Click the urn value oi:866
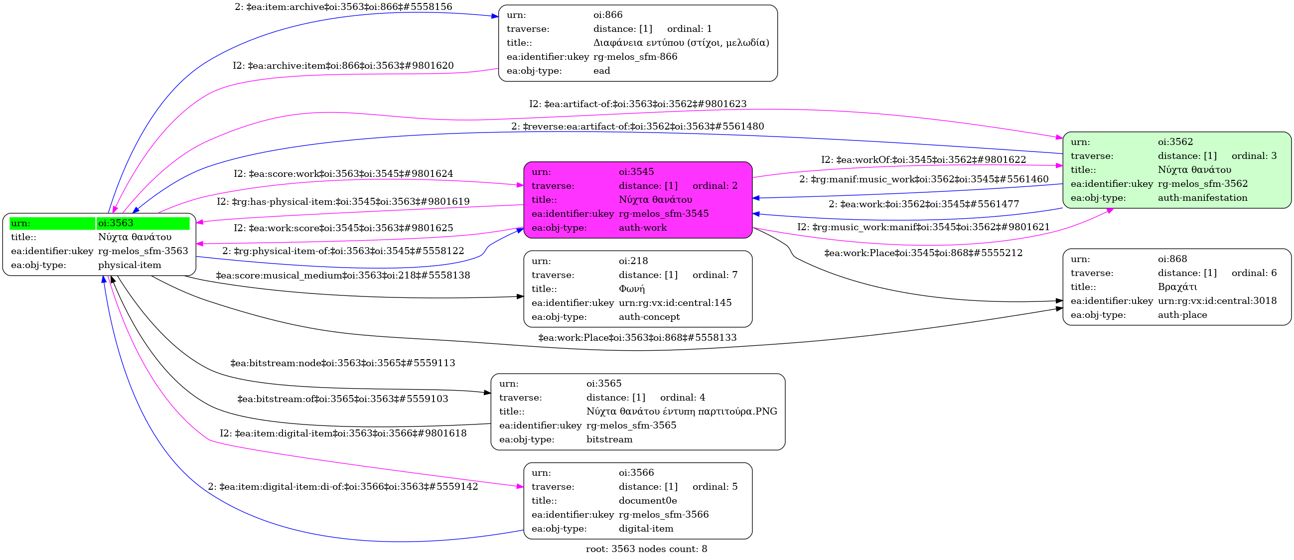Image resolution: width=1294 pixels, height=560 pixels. pos(608,15)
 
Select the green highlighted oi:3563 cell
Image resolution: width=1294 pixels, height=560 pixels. pos(143,223)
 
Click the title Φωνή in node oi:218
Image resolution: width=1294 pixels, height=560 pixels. pos(631,289)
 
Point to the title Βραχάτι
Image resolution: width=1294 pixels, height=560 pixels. pos(1177,287)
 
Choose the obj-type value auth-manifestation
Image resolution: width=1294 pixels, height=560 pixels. pos(1202,198)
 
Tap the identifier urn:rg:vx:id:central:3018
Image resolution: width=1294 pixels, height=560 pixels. pos(1217,301)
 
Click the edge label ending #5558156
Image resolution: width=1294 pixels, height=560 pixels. pos(343,7)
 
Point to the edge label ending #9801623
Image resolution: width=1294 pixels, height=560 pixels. pos(637,104)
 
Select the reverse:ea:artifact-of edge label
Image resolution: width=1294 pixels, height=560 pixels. pos(637,127)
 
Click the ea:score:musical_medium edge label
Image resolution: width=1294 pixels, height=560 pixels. pos(343,275)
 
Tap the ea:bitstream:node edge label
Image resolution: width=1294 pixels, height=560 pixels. pos(343,363)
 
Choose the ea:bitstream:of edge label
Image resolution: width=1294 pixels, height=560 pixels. pos(343,399)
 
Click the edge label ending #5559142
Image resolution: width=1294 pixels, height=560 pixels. pos(343,487)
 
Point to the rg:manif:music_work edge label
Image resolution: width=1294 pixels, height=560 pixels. pos(924,179)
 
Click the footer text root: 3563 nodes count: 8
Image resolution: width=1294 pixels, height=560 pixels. pos(646,549)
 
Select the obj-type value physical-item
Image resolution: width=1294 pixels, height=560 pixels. pos(130,265)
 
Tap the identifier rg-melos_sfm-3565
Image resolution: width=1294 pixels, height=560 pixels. pos(631,425)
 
